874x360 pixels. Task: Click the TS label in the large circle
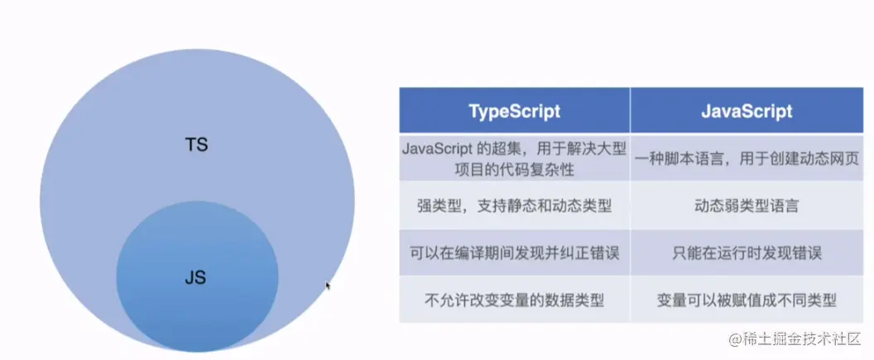(195, 145)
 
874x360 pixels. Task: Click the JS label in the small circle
(195, 277)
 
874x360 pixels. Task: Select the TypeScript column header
(514, 110)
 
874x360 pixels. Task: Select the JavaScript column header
(747, 110)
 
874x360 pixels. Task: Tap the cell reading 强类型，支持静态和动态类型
(514, 206)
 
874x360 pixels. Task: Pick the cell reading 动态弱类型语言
(747, 206)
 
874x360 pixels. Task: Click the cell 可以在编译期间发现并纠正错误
(514, 253)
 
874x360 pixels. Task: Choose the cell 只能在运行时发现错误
(747, 253)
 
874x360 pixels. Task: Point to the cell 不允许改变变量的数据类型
(514, 300)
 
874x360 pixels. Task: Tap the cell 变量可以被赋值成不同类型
(747, 300)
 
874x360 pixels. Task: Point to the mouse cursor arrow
(329, 286)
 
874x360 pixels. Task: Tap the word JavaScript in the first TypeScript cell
(438, 149)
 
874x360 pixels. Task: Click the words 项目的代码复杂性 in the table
(515, 169)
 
